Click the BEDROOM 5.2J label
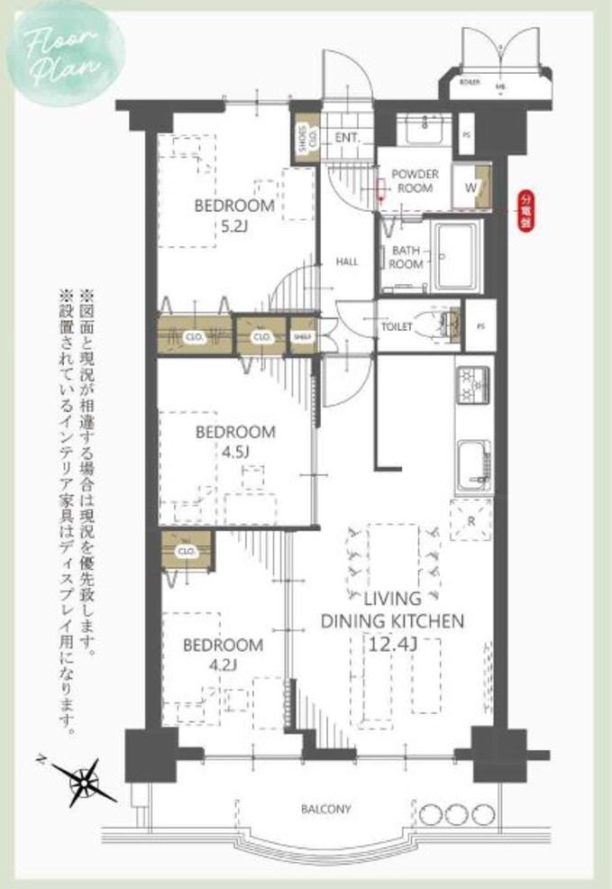[x=234, y=215]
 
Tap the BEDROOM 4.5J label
[x=235, y=443]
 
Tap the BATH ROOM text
[x=406, y=258]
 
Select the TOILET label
[x=397, y=326]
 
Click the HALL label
[x=347, y=261]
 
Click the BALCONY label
[x=325, y=809]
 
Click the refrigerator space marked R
[x=471, y=521]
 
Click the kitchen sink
[x=472, y=462]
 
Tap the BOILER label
[x=469, y=81]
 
